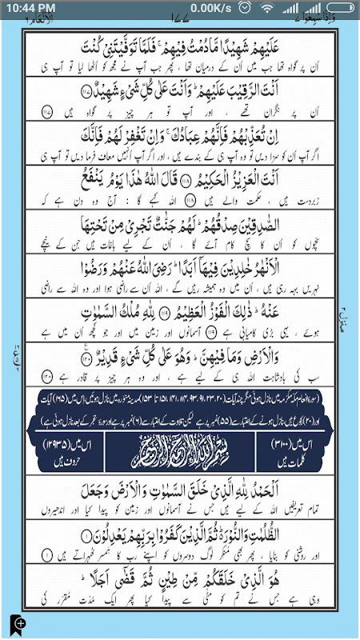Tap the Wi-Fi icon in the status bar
tap(268, 8)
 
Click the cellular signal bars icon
tap(289, 8)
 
